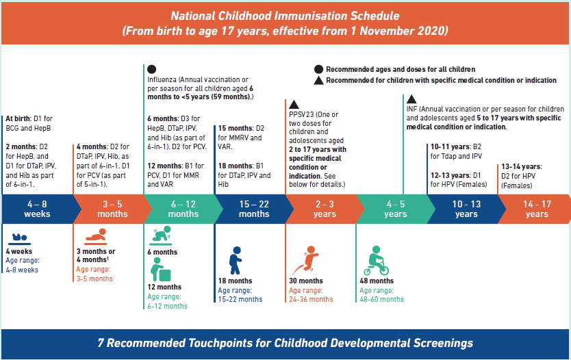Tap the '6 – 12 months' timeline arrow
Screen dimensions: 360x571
click(182, 209)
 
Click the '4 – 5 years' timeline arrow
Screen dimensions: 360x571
click(394, 209)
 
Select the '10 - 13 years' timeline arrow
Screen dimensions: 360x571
click(466, 209)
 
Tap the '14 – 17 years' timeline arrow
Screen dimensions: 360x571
click(536, 209)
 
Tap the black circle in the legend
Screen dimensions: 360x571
click(318, 69)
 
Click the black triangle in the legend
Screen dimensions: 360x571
click(318, 80)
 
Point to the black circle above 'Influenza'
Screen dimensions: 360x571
click(151, 69)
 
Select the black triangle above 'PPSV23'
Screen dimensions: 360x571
click(294, 104)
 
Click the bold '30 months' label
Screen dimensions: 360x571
click(306, 281)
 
